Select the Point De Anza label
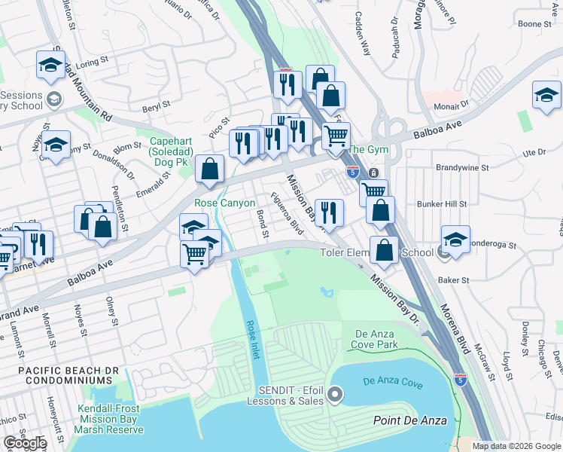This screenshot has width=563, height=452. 410,420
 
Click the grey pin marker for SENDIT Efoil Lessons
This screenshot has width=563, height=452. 335,394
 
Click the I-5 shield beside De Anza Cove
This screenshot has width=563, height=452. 460,380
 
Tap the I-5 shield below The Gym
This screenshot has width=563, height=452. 352,172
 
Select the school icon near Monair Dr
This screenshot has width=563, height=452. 546,95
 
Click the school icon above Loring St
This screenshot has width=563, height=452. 50,66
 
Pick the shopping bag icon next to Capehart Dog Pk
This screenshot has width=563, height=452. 210,169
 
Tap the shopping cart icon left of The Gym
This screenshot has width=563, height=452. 336,136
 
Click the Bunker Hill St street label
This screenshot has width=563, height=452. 442,204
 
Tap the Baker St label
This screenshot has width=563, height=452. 454,280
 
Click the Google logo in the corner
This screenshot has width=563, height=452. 25,443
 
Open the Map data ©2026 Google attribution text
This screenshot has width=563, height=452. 516,446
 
